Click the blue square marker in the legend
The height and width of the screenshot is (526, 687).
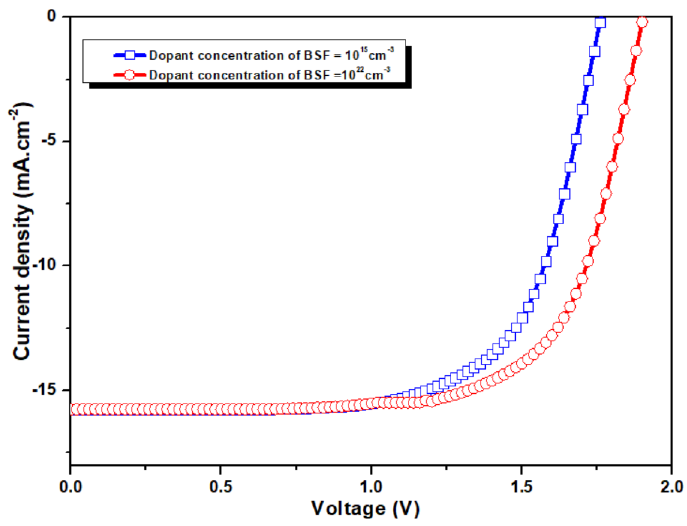coord(129,55)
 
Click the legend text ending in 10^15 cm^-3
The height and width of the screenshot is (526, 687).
coord(271,55)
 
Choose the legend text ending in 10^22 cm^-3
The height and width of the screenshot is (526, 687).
coord(269,75)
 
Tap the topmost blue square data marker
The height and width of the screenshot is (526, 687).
coord(600,22)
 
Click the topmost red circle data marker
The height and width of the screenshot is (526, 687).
coord(642,22)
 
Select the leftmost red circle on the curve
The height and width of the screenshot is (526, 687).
coord(75,409)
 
